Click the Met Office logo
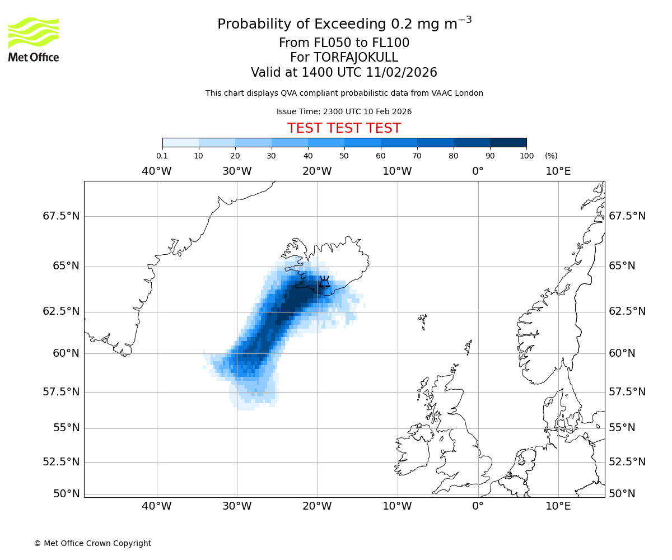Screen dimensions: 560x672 (x=34, y=39)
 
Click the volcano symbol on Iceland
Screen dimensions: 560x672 (x=324, y=282)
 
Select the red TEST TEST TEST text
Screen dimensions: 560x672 (x=344, y=128)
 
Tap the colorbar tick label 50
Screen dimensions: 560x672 (x=344, y=156)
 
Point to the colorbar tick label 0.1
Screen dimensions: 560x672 (x=162, y=156)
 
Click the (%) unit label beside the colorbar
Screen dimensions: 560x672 (x=551, y=156)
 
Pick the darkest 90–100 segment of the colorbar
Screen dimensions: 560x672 (x=508, y=142)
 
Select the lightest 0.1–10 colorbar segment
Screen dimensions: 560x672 (x=180, y=142)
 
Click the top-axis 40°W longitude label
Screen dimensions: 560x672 (x=156, y=171)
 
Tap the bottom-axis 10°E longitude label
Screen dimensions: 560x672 (x=558, y=506)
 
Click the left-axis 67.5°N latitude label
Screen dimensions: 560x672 (x=61, y=216)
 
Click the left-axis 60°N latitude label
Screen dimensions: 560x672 (x=66, y=353)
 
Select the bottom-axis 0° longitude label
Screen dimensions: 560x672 (x=478, y=506)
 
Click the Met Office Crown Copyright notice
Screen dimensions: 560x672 (x=92, y=543)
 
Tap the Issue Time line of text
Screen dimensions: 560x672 (x=344, y=111)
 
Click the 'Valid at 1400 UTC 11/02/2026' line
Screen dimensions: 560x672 (x=344, y=73)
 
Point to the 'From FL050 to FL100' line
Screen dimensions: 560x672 (x=344, y=43)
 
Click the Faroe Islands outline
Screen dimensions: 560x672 (x=423, y=321)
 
